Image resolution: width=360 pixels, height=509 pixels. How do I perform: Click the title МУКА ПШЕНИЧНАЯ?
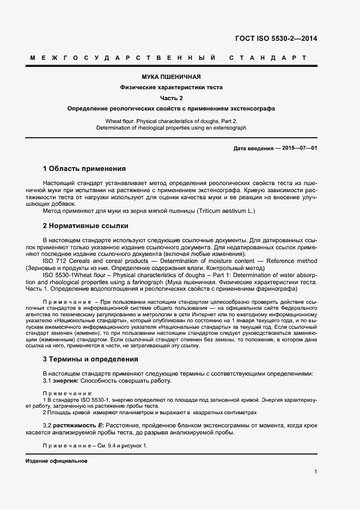tap(171, 77)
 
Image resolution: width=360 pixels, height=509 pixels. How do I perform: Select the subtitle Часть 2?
tap(171, 98)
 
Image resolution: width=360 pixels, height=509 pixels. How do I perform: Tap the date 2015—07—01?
tap(299, 149)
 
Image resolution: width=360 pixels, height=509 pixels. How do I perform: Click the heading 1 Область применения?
tap(84, 169)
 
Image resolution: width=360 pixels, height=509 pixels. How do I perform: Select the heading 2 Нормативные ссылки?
tap(86, 225)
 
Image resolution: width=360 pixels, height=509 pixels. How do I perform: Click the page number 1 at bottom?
tap(315, 471)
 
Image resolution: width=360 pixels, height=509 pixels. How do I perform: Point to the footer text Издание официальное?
tap(56, 461)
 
